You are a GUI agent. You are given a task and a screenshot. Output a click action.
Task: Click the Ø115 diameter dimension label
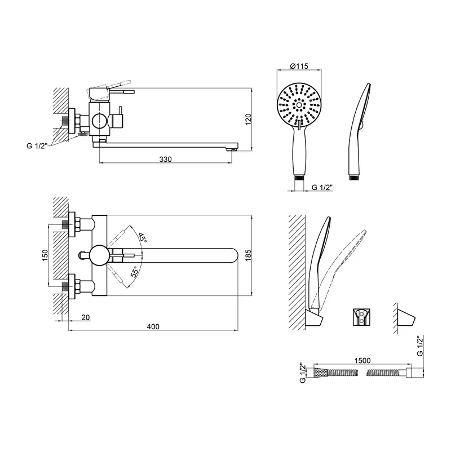(x=299, y=66)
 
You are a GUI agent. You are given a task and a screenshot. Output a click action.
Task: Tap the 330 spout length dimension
(x=165, y=159)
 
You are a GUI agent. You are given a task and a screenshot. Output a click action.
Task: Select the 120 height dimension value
(x=248, y=120)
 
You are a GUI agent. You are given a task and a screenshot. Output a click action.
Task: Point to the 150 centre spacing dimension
(x=45, y=255)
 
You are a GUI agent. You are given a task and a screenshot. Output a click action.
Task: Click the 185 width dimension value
(x=248, y=255)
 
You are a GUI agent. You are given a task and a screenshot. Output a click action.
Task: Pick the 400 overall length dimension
(x=153, y=326)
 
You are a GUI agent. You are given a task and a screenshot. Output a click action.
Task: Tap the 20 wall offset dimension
(x=86, y=317)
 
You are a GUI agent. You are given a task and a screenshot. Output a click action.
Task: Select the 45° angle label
(x=143, y=237)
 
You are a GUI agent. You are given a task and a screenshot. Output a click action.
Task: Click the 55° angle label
(x=135, y=272)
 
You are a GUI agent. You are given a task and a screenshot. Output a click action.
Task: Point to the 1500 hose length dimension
(x=362, y=360)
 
